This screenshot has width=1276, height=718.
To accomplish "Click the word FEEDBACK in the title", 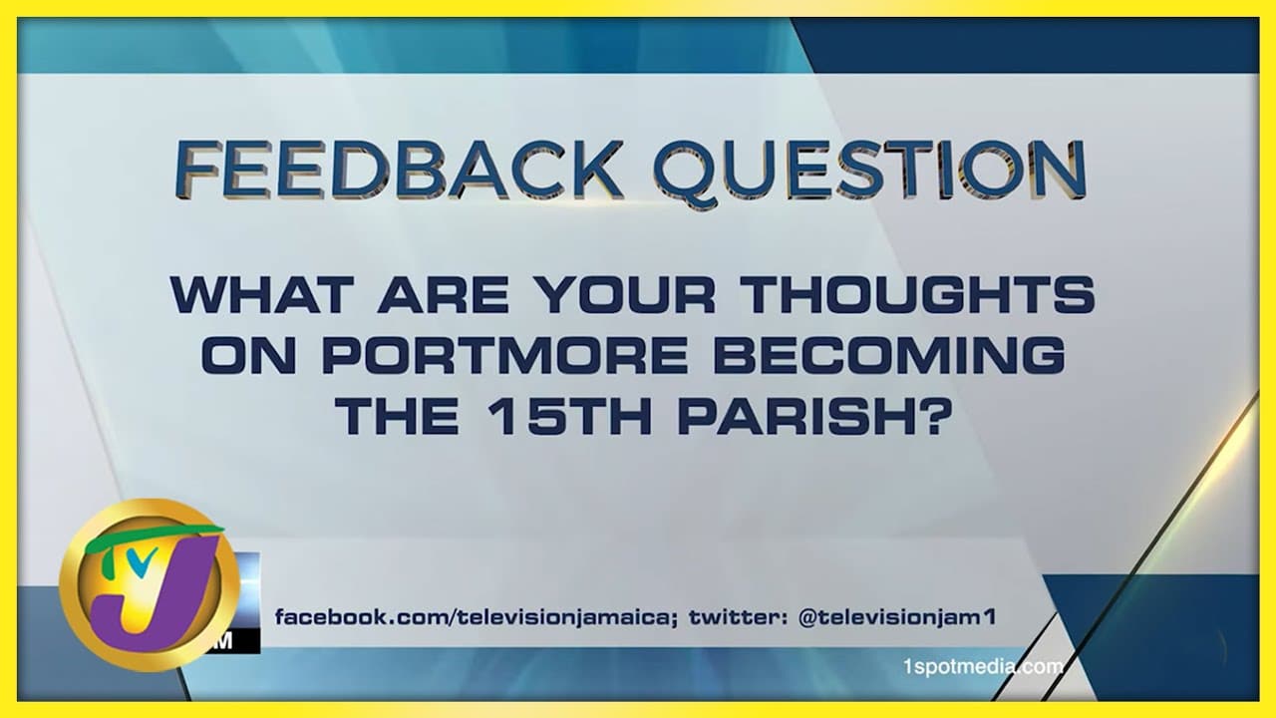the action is [399, 170].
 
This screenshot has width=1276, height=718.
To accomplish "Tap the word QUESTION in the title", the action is [870, 171].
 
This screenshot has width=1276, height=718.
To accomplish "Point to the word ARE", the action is [443, 294].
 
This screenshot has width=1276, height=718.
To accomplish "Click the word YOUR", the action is [626, 294].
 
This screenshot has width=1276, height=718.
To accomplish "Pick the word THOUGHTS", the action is [920, 294].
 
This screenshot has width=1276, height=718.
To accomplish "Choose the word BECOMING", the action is [889, 355].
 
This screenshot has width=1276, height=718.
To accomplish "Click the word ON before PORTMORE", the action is [249, 355].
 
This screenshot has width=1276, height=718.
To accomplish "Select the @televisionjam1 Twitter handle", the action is [897, 617].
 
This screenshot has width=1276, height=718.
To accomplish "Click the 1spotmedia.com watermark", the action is [983, 666].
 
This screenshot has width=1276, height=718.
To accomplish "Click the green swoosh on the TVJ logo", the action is [151, 538].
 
